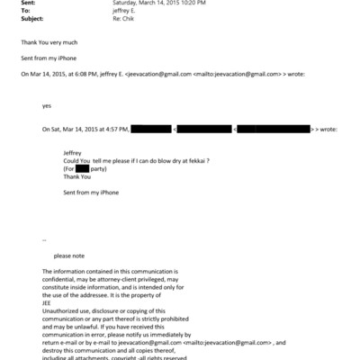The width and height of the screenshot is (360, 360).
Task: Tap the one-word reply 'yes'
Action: coord(47,105)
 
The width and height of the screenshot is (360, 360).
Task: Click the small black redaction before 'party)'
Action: coord(82,168)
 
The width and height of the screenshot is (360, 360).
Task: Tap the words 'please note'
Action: coord(69,256)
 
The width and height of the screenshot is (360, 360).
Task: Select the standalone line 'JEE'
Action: coord(47,303)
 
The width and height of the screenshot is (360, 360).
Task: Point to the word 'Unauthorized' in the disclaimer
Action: coord(60,310)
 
